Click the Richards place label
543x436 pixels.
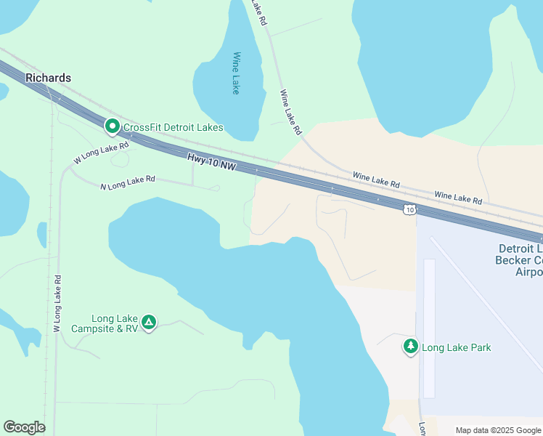click(48, 78)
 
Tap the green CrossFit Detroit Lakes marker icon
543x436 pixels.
click(113, 127)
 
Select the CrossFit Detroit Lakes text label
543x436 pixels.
click(173, 128)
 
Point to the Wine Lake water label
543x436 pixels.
click(236, 73)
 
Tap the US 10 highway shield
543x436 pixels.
click(410, 209)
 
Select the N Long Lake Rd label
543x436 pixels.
click(128, 182)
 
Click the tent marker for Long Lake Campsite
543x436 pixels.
click(149, 322)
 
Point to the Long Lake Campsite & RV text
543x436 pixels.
click(105, 323)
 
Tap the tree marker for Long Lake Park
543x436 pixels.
click(411, 347)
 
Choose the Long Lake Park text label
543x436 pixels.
click(457, 347)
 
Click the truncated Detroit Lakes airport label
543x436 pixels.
click(518, 260)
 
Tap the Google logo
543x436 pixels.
click(24, 427)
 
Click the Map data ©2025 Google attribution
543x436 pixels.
click(498, 430)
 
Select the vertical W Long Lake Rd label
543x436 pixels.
click(57, 303)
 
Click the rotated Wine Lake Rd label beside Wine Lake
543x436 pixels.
click(290, 113)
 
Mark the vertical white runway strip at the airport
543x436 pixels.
click(429, 327)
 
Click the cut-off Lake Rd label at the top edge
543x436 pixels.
click(259, 12)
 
